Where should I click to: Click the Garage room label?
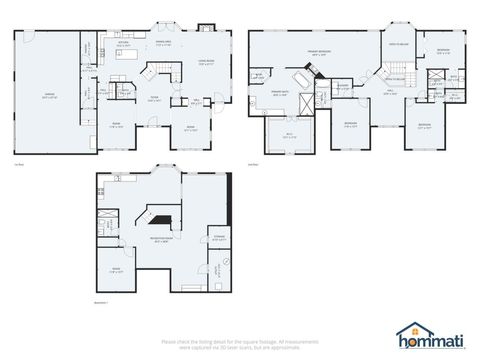click(48, 96)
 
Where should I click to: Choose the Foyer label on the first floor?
click(155, 97)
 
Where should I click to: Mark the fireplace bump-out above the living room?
click(207, 28)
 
